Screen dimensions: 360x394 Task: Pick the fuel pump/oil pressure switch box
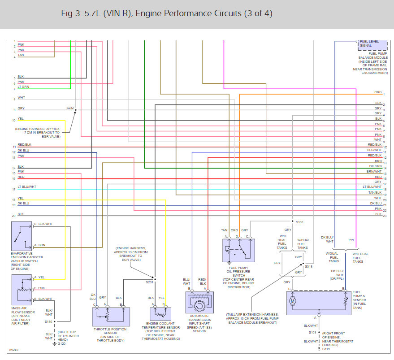pyautogui.click(x=238, y=250)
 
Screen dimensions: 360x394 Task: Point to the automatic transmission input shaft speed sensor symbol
pyautogui.click(x=199, y=302)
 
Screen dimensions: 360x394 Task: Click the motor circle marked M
pyautogui.click(x=293, y=301)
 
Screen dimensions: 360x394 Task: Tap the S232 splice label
pyautogui.click(x=70, y=108)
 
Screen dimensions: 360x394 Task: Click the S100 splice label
pyautogui.click(x=299, y=222)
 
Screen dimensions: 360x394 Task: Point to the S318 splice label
pyautogui.click(x=308, y=266)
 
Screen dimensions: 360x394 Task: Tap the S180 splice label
pyautogui.click(x=48, y=321)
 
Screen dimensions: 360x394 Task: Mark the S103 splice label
pyautogui.click(x=312, y=332)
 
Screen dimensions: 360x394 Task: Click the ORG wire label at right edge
pyautogui.click(x=378, y=92)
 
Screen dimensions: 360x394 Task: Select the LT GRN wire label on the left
pyautogui.click(x=23, y=87)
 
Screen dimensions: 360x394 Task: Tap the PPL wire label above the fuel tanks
pyautogui.click(x=351, y=240)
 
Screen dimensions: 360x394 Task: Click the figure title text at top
pyautogui.click(x=166, y=13)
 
